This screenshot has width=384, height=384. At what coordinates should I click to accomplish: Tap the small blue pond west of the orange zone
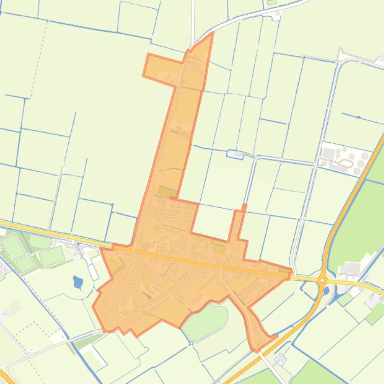(78, 283)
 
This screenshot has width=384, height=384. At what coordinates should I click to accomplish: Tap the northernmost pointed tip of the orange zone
(212, 35)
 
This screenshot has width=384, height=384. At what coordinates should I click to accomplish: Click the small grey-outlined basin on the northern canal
(235, 154)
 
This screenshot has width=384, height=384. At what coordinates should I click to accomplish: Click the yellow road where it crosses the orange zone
(200, 259)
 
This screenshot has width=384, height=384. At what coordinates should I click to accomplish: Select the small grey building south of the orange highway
(280, 359)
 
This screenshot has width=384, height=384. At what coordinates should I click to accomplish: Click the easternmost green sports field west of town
(52, 256)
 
